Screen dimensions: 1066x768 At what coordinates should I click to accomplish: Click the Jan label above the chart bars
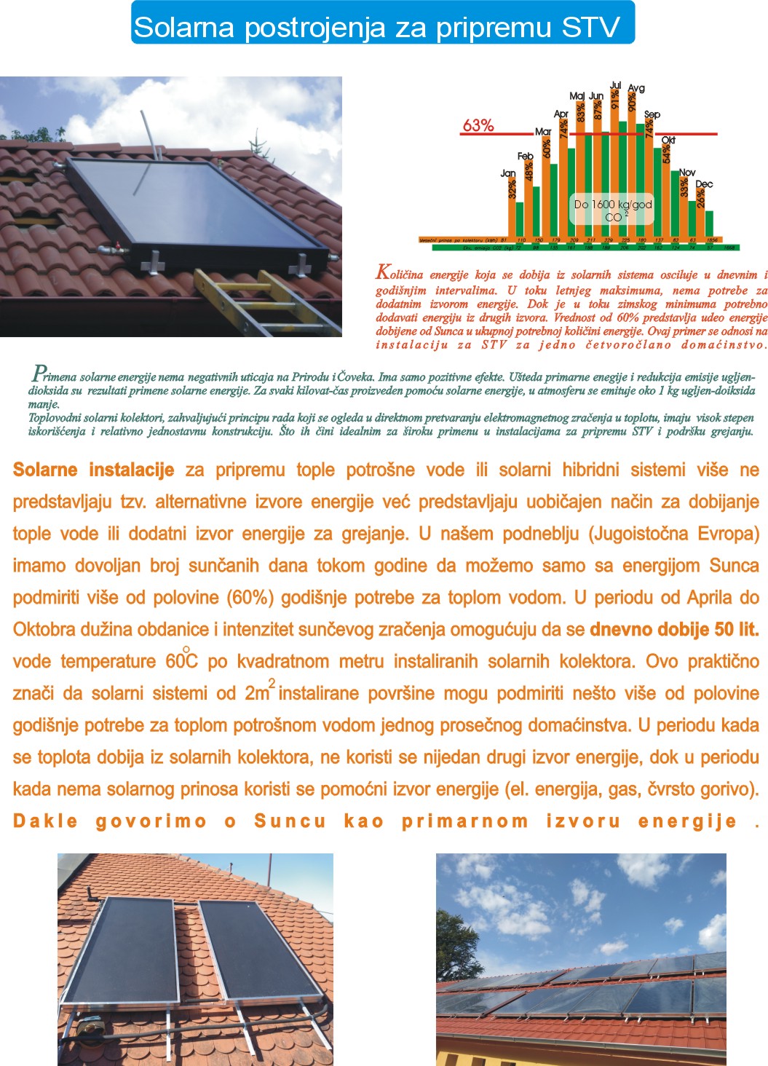(x=508, y=173)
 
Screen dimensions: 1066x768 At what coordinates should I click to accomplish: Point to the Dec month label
(x=704, y=184)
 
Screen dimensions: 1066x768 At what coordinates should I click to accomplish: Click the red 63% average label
(x=478, y=125)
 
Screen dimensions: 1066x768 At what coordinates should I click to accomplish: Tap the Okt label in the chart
(x=668, y=140)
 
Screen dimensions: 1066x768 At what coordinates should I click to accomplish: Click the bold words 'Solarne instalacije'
(x=93, y=470)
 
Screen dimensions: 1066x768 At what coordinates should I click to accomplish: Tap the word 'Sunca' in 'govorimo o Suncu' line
(x=290, y=821)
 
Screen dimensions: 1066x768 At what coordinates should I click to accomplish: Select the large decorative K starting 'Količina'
(x=383, y=273)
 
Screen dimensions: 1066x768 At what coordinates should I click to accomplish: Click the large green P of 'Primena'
(x=38, y=374)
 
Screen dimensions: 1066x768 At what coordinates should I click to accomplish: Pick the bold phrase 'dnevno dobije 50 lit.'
(x=674, y=629)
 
